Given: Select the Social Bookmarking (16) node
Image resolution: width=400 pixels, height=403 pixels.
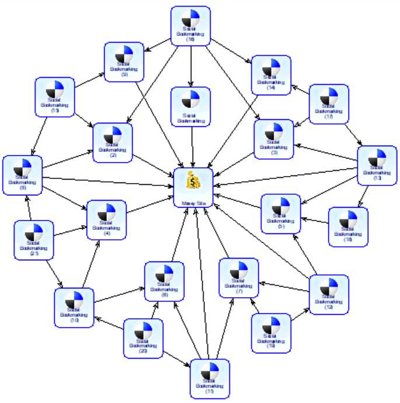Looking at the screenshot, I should pos(190,26).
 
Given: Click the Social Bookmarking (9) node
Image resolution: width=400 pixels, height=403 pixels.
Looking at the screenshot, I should pos(124,62).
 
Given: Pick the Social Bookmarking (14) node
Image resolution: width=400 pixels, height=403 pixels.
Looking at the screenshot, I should pos(271,75).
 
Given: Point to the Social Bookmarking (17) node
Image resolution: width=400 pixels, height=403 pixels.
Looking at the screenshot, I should pos(329,104).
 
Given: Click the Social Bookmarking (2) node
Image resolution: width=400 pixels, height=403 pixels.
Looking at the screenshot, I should pos(113,143).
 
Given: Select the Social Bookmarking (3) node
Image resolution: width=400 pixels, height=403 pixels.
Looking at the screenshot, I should pos(274,139).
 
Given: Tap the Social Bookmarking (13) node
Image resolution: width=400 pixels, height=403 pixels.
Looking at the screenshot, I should pos(377,166).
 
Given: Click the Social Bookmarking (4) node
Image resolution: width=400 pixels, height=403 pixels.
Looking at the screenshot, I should pos(106,220).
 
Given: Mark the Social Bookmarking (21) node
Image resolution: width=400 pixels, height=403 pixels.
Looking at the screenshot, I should pos(33,240).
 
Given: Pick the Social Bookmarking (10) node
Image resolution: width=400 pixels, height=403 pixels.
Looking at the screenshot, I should pos(74,308).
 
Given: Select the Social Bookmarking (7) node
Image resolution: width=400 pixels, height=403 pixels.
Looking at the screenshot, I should pos(239,277).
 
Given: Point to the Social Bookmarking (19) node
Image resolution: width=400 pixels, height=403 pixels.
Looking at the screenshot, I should pos(271,333).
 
